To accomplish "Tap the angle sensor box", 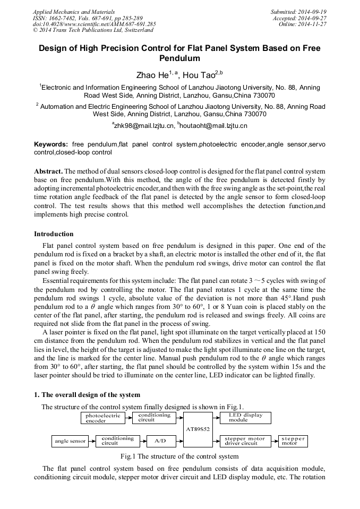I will (x=70, y=441).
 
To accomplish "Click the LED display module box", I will (x=245, y=417).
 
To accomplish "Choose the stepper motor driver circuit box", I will (x=245, y=441).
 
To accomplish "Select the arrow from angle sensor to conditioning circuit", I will (x=92, y=441).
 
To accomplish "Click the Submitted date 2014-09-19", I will (x=298, y=12).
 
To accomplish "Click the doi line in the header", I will (x=94, y=24).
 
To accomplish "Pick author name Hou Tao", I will (x=199, y=76).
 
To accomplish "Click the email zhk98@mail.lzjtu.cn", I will (x=143, y=126).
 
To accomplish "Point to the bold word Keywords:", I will (x=51, y=144).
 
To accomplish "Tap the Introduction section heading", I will (x=54, y=234).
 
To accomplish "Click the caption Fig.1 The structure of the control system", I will (x=179, y=456).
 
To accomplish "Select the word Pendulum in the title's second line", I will (x=179, y=58).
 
